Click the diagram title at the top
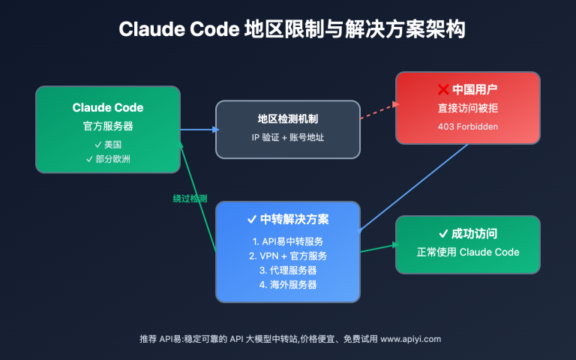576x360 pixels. point(288,30)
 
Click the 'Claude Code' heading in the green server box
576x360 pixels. point(108,108)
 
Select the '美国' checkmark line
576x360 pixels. point(108,144)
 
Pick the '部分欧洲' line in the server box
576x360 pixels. point(108,158)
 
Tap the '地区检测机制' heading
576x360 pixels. point(288,120)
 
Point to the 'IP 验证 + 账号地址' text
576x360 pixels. point(288,138)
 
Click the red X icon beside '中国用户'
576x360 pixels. point(442,90)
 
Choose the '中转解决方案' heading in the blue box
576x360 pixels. point(288,220)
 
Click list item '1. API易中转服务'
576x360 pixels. point(288,241)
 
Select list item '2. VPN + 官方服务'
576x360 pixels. point(288,256)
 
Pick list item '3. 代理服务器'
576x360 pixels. point(288,270)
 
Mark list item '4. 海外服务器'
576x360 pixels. point(288,284)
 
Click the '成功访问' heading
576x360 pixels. point(468,233)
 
